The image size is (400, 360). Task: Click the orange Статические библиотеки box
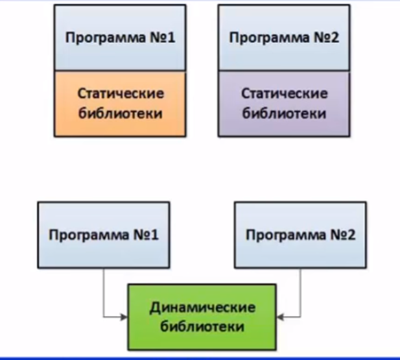120,104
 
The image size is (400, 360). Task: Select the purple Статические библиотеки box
284,104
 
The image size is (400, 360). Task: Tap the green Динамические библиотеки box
202,317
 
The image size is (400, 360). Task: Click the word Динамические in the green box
202,307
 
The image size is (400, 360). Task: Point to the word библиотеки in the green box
202,326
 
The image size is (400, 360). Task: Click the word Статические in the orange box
121,93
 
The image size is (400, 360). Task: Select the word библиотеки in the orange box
121,113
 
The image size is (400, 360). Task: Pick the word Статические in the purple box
285,93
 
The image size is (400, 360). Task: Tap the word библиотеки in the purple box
284,113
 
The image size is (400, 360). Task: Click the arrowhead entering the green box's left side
124,317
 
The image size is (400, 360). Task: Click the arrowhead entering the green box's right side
280,317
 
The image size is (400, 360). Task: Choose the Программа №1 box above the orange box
120,38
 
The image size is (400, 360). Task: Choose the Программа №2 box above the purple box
284,38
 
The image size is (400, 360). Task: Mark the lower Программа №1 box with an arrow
104,235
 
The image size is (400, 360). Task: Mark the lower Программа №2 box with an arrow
300,235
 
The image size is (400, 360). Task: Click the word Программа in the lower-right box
286,235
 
